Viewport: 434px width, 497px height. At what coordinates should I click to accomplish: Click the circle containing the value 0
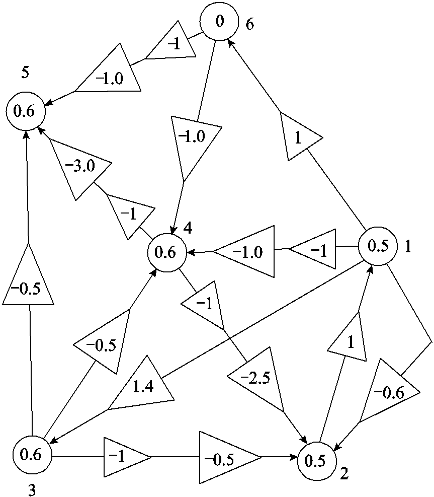click(219, 22)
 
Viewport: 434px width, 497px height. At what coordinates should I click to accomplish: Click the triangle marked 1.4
click(143, 387)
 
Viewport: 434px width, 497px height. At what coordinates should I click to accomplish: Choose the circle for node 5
click(25, 112)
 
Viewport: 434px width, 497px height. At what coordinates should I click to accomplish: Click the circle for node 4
click(166, 252)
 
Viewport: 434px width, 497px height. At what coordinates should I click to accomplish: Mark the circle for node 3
click(31, 455)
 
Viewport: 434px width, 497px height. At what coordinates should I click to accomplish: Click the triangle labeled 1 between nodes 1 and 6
click(298, 137)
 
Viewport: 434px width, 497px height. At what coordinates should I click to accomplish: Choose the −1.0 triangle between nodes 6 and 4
click(193, 141)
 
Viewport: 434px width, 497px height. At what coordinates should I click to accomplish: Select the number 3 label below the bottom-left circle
click(32, 490)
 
